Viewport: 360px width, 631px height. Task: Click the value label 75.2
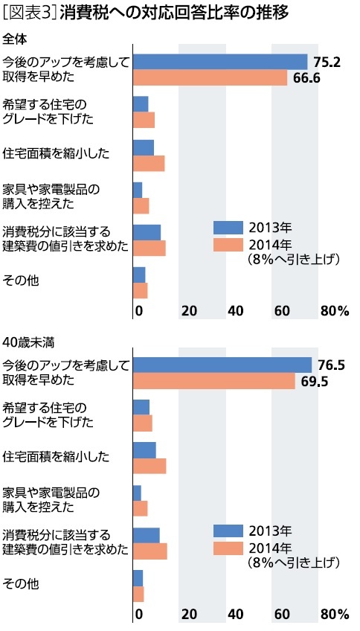click(327, 62)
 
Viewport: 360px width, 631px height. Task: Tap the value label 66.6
click(307, 77)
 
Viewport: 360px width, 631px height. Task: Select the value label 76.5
click(331, 365)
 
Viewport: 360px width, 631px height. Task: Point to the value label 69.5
click(314, 381)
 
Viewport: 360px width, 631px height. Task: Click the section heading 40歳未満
click(25, 342)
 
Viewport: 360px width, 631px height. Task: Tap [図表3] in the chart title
click(28, 13)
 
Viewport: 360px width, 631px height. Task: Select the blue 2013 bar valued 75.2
click(219, 62)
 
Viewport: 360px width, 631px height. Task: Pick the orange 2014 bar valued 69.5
click(213, 381)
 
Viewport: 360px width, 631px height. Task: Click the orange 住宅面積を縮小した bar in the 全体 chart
click(148, 164)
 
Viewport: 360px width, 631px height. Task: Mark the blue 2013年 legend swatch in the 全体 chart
click(228, 228)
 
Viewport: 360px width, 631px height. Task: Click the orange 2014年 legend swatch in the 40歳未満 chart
click(228, 548)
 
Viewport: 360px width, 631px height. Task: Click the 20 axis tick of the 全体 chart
click(189, 310)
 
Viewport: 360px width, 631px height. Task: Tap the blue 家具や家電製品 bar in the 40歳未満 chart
click(137, 493)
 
